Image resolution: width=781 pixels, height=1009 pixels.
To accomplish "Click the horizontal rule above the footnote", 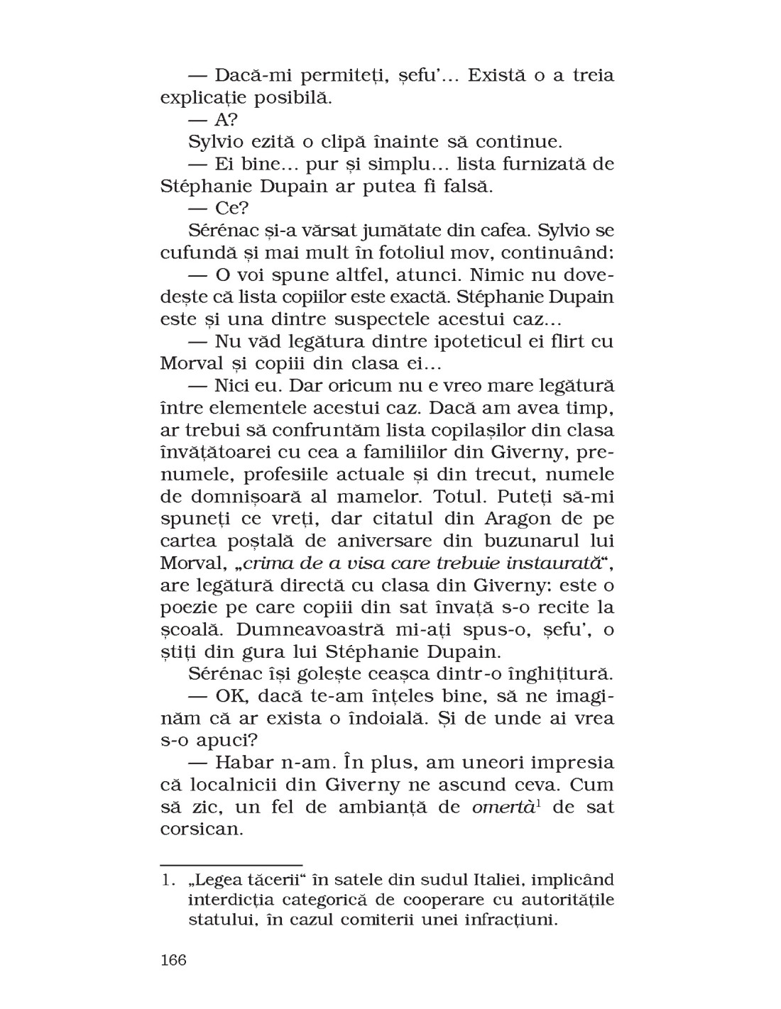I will point(232,864).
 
